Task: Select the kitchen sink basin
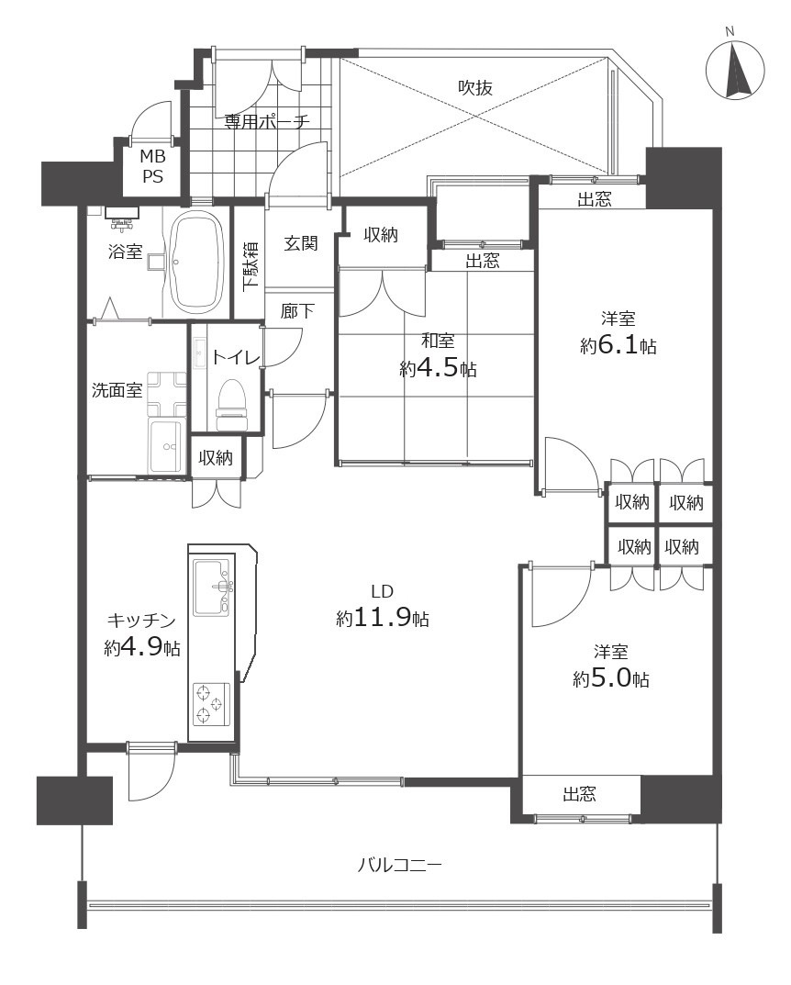(212, 588)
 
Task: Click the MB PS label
(152, 166)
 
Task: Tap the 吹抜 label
(474, 87)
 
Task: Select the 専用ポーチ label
(267, 120)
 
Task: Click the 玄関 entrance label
(301, 243)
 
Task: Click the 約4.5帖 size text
(438, 368)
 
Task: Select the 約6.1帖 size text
(618, 345)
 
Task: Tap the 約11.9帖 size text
(383, 618)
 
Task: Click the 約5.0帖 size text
(611, 678)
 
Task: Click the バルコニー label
(400, 866)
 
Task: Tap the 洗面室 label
(117, 390)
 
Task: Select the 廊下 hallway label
(297, 310)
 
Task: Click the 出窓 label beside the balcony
(579, 795)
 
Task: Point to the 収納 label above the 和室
(381, 235)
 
